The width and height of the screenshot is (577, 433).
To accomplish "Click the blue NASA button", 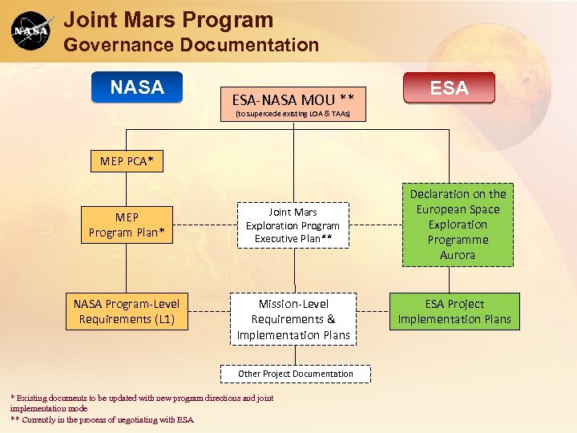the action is [137, 87].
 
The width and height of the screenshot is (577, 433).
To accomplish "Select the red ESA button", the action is [449, 88].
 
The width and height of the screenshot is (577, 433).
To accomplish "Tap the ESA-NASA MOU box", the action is [293, 100].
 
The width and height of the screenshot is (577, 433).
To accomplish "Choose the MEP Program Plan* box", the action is [127, 225].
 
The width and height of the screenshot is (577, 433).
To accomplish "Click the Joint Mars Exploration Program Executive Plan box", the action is [293, 225].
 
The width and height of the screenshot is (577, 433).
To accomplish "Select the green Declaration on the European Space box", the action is [458, 225].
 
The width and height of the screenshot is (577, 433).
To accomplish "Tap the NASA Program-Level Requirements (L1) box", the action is [127, 311].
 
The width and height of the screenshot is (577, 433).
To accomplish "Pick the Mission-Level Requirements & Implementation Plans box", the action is [293, 319].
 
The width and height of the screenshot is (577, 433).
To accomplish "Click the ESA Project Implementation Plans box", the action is [454, 311].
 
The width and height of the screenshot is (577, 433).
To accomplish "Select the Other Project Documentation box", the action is [295, 374].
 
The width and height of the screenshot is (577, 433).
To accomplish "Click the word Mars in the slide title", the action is [144, 20].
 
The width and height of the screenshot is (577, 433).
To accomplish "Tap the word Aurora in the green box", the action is [458, 255].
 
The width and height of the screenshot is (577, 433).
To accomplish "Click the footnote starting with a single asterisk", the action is [141, 403].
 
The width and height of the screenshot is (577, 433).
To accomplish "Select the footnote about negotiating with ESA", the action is [102, 419].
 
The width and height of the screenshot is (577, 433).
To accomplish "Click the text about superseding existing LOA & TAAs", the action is [293, 115].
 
